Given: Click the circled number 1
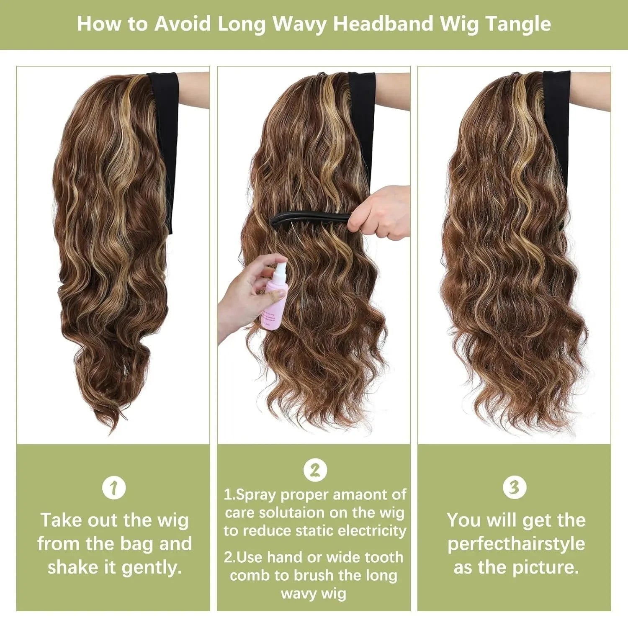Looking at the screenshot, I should tap(114, 488).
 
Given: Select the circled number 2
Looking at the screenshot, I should tap(315, 470).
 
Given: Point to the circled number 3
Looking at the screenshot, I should tap(514, 487).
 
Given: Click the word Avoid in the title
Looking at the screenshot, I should tap(183, 24).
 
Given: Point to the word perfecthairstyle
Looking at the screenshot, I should tap(516, 544).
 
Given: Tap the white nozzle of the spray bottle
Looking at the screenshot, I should tap(280, 268).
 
